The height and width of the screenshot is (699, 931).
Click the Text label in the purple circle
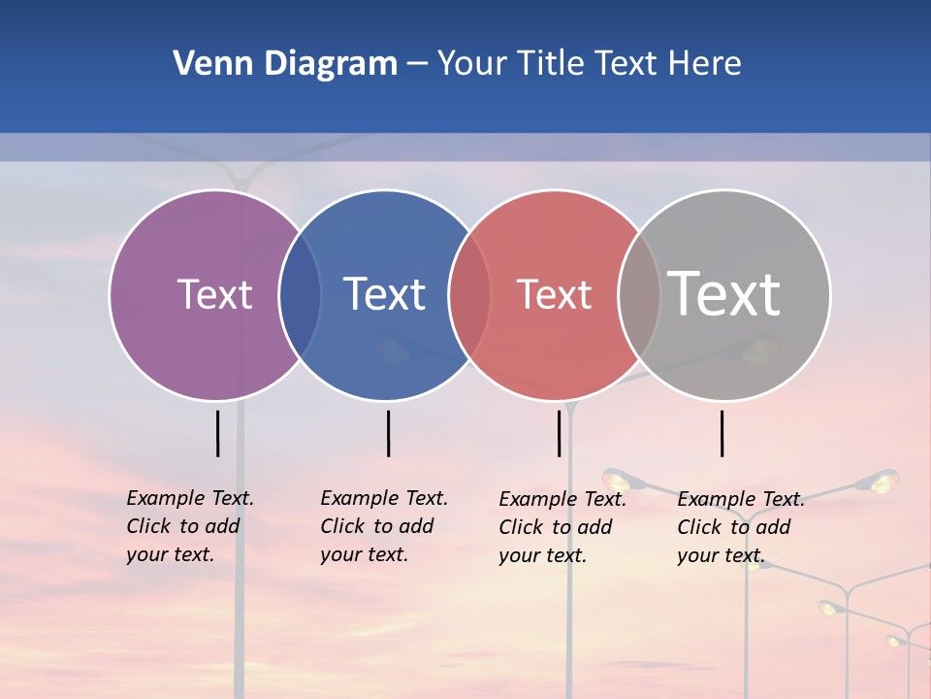pos(214,294)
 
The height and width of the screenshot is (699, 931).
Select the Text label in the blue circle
pos(384,294)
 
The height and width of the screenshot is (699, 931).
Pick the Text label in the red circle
pos(554,294)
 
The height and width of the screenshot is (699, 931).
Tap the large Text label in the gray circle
pos(724,294)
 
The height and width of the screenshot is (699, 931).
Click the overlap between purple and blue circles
pos(300,295)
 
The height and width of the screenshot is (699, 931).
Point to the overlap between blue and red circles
pos(469,295)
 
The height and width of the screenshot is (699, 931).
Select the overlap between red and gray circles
pos(639,295)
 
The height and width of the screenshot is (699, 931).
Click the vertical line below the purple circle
pos(218,433)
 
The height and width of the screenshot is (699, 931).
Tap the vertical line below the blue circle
pos(388,433)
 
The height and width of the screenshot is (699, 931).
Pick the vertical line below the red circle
pos(559,433)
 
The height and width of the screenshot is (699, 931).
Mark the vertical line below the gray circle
pos(722,433)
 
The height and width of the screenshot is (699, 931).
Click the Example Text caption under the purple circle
pos(190,526)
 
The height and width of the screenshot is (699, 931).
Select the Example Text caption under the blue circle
pos(384,526)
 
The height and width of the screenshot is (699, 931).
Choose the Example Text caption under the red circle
pos(562,527)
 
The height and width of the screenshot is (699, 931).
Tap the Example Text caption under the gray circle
pos(741,527)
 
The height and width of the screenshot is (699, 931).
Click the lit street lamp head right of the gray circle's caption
pos(882,480)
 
